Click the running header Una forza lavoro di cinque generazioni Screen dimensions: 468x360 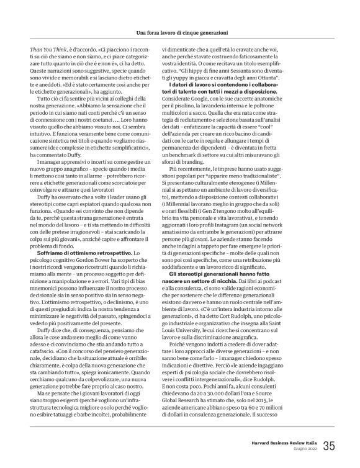click(179, 31)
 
